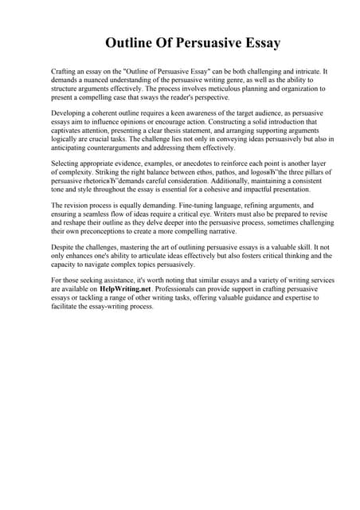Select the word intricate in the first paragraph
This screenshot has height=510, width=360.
click(x=310, y=72)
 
